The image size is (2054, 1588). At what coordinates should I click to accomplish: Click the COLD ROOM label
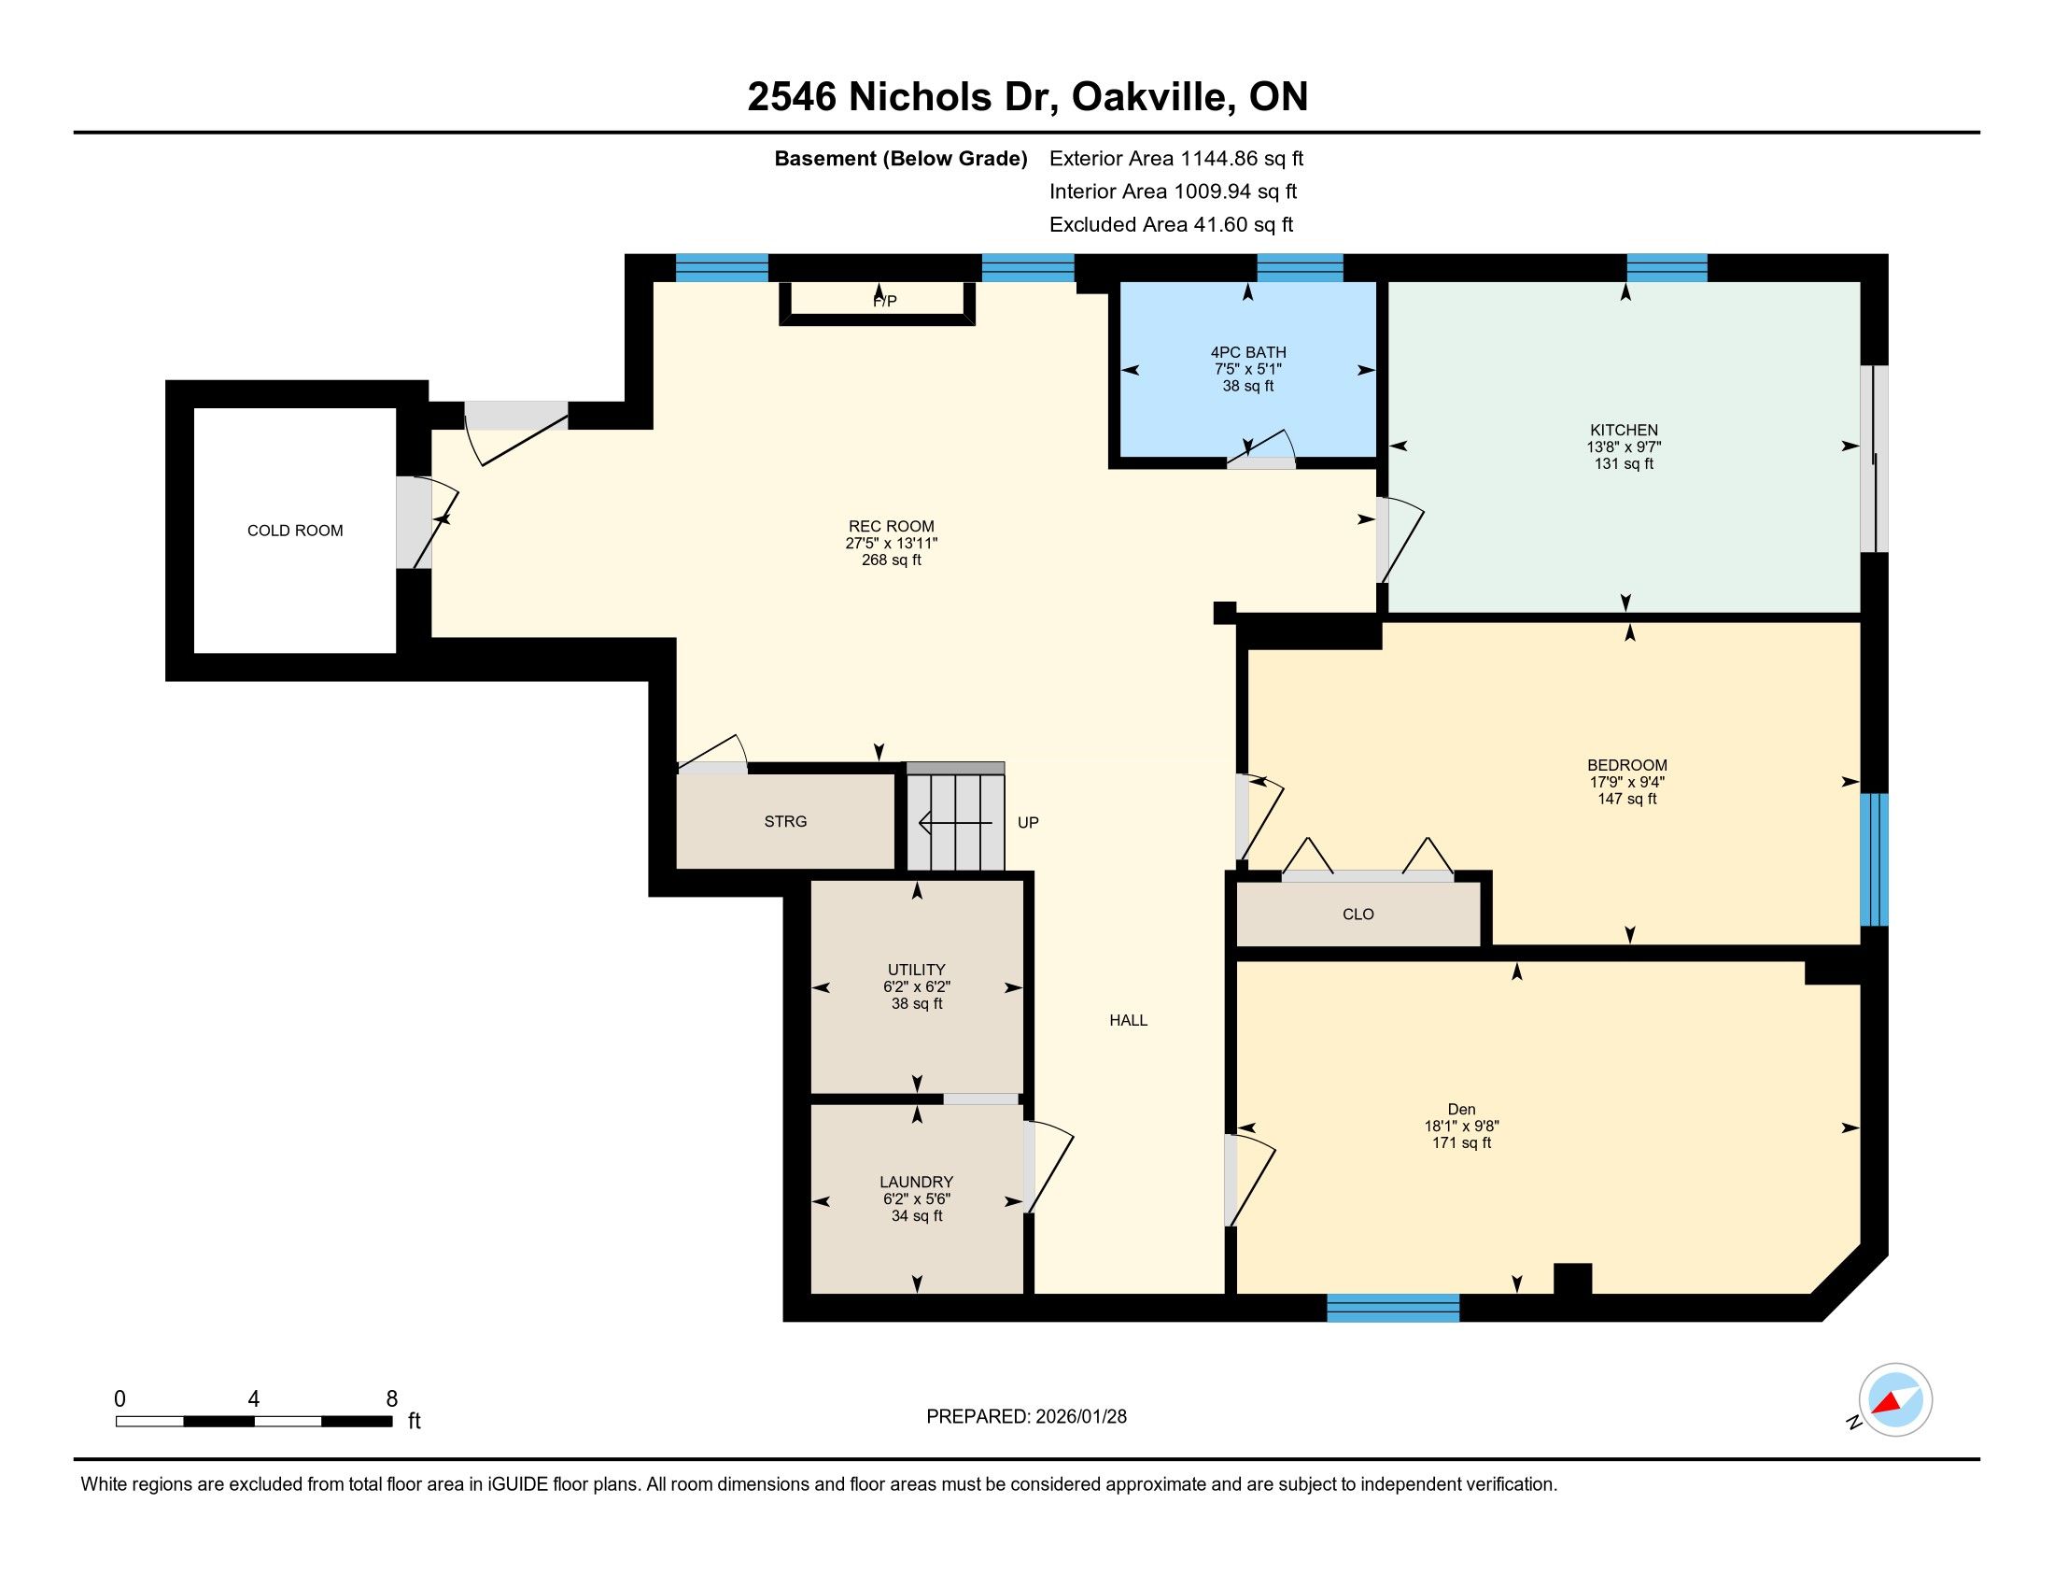(x=295, y=531)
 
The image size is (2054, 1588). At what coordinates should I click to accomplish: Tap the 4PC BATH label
(x=1248, y=353)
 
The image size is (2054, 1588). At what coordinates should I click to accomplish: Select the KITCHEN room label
(x=1625, y=431)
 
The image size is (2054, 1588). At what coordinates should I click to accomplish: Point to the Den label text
(x=1461, y=1109)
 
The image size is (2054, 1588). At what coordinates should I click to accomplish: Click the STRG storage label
(x=785, y=821)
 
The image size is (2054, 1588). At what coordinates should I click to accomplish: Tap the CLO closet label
(x=1358, y=915)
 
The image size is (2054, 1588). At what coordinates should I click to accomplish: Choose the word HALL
(x=1129, y=1020)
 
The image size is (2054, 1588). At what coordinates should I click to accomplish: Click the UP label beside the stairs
(x=1028, y=822)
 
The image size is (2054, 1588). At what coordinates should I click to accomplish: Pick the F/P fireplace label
(x=885, y=301)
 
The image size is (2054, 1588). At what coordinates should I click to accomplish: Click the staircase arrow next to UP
(x=954, y=823)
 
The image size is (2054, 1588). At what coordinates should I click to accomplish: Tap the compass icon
(x=1895, y=1399)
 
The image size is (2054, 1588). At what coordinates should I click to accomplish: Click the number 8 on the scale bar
(x=392, y=1399)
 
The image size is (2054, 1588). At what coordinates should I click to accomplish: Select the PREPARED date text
(x=1026, y=1417)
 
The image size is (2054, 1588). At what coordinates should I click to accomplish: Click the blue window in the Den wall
(x=1393, y=1308)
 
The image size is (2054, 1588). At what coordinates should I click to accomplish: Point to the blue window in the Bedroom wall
(x=1875, y=859)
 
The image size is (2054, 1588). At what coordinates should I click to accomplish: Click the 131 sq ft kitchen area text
(x=1625, y=464)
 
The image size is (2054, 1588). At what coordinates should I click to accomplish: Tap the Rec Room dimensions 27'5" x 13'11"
(x=892, y=543)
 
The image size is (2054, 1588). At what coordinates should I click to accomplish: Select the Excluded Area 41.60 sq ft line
(x=1171, y=225)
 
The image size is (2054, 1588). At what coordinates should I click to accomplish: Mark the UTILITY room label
(x=917, y=970)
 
